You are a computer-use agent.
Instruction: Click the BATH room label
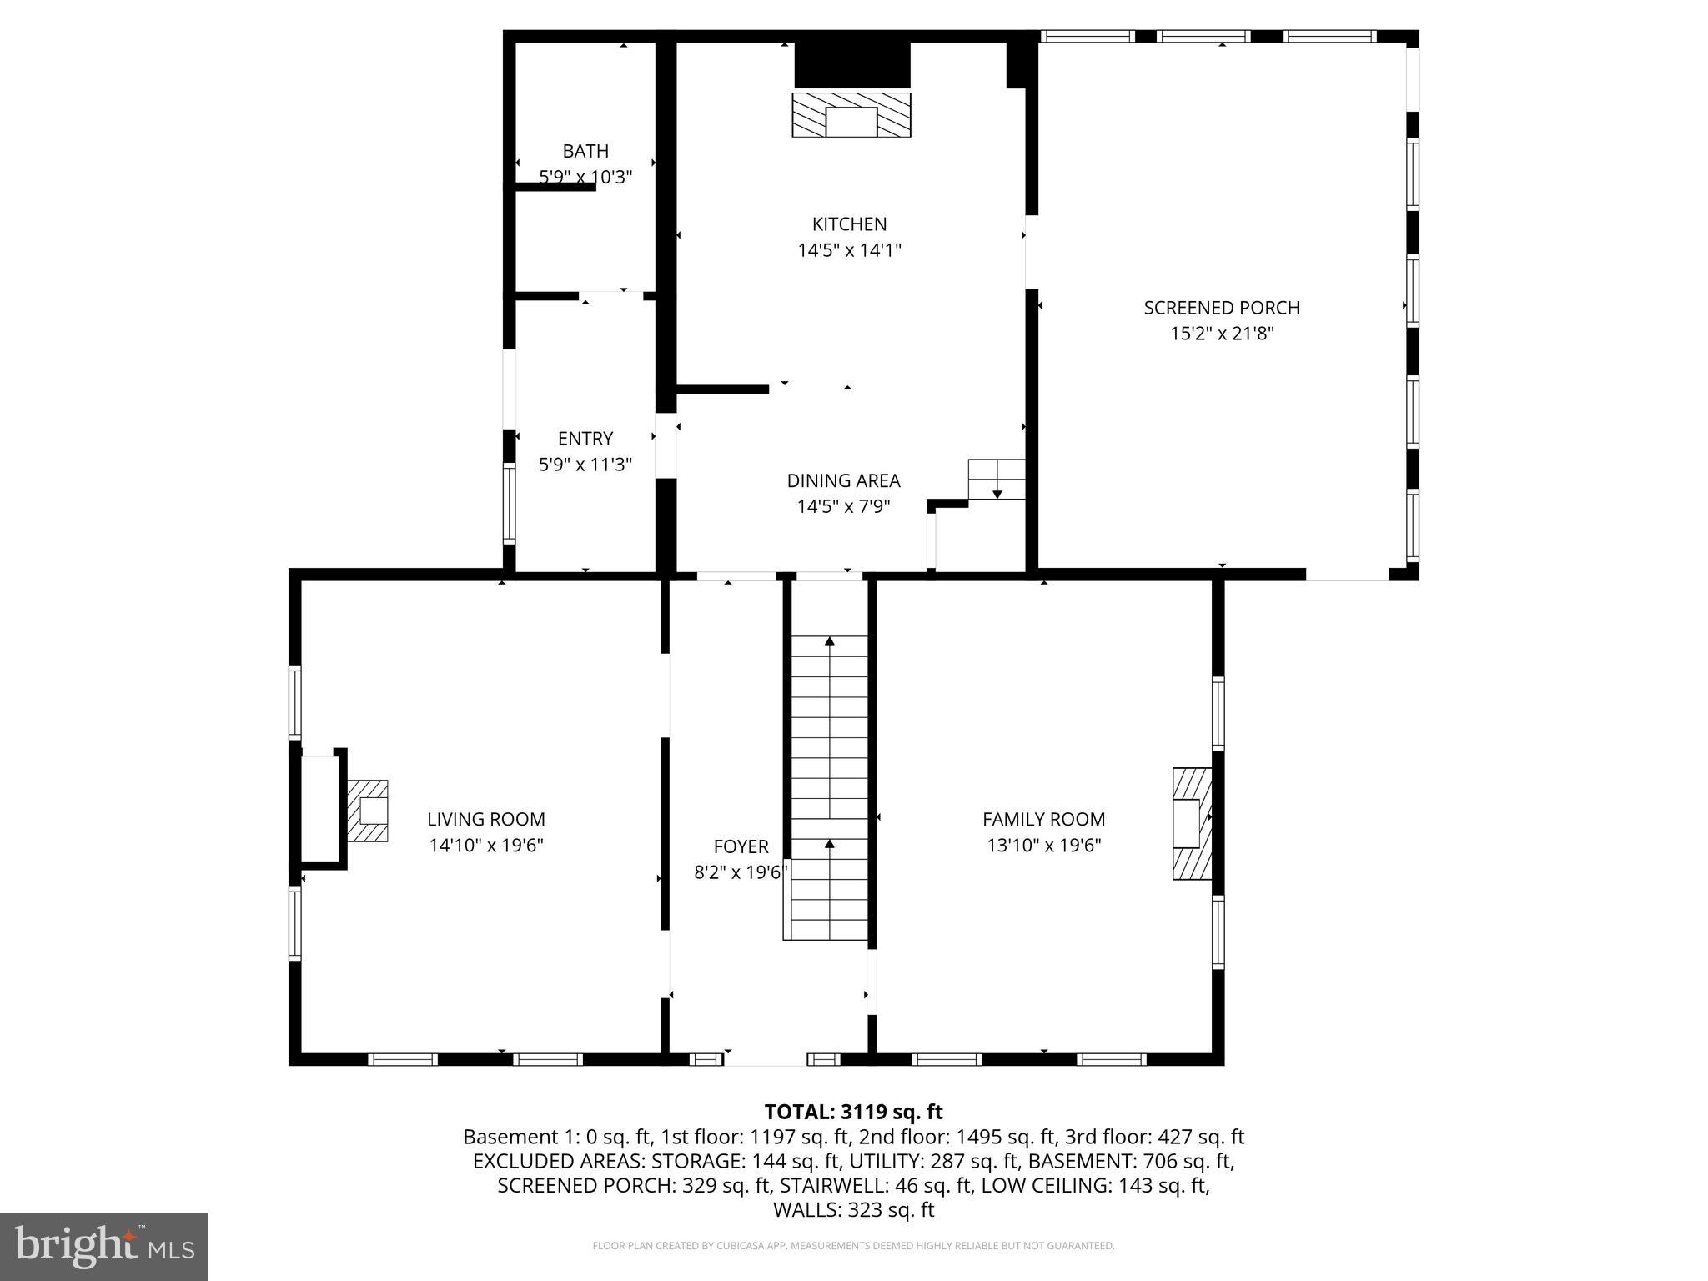[x=585, y=151]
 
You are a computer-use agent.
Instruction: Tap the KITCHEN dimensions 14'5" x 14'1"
[x=849, y=250]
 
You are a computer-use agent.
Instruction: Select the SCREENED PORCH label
[x=1221, y=308]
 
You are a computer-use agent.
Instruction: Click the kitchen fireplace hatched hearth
[x=851, y=115]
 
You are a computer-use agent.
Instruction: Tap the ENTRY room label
[x=585, y=439]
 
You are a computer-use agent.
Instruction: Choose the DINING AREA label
[x=843, y=481]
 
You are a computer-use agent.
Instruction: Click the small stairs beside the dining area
[x=997, y=480]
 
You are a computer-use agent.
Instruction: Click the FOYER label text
[x=741, y=847]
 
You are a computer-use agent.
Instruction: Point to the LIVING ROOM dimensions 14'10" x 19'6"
[x=486, y=846]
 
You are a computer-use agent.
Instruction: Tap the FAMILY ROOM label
[x=1043, y=820]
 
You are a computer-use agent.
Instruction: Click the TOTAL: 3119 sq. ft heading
[x=853, y=1112]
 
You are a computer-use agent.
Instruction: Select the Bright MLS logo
[x=104, y=1246]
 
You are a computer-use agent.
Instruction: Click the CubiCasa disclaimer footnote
[x=853, y=1246]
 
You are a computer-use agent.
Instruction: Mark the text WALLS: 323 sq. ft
[x=853, y=1210]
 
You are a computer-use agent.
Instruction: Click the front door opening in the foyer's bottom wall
[x=765, y=1059]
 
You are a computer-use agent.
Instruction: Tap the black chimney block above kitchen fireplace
[x=851, y=65]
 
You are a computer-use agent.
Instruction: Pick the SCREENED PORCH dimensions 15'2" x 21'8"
[x=1222, y=334]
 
